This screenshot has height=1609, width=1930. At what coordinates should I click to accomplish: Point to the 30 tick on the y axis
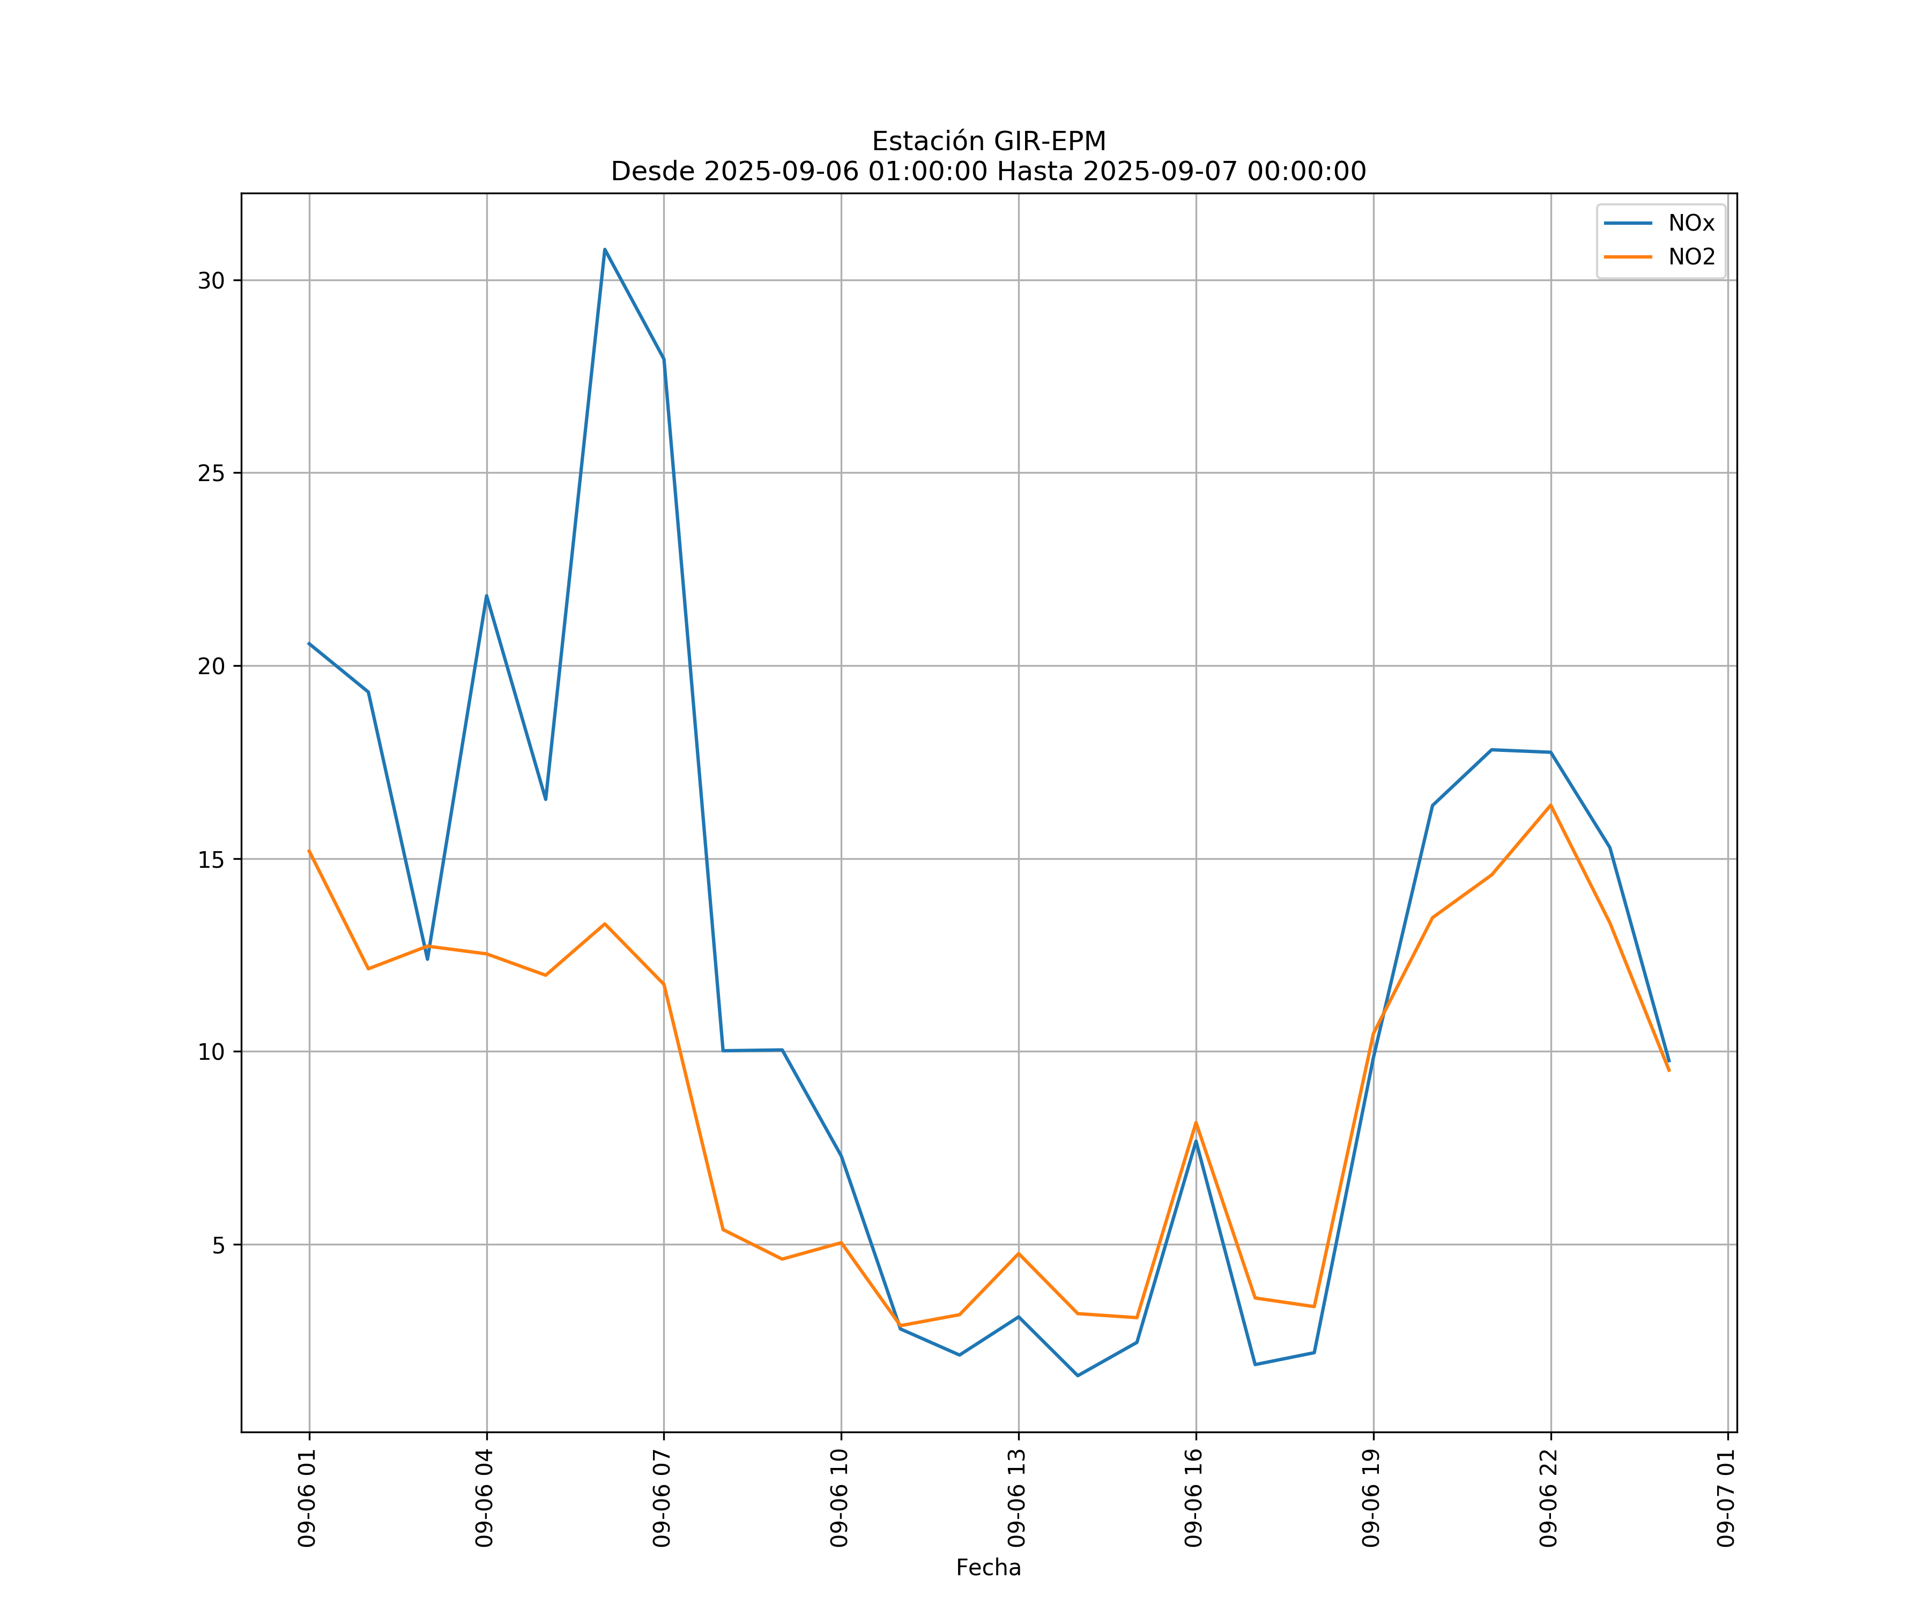point(211,281)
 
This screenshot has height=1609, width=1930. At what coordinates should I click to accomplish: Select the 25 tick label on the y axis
point(211,474)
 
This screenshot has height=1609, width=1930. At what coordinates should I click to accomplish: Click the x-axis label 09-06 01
point(307,1498)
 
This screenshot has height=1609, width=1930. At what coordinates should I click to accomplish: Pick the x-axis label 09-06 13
point(1016,1498)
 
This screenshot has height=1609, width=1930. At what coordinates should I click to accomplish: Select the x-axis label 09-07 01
point(1726,1498)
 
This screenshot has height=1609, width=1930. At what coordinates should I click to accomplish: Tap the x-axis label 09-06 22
point(1549,1498)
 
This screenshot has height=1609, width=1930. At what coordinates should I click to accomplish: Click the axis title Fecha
point(988,1568)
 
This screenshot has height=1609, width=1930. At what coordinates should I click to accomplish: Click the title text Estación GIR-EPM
point(988,142)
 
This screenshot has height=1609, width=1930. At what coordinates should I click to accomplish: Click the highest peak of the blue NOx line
point(605,249)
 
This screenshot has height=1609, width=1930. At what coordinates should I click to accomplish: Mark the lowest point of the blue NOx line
point(1077,1376)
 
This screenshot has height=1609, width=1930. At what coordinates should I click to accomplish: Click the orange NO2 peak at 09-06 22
point(1550,806)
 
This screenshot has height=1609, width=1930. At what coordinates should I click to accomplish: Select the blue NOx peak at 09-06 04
point(486,596)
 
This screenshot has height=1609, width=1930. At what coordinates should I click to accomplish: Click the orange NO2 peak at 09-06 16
point(1196,1123)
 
